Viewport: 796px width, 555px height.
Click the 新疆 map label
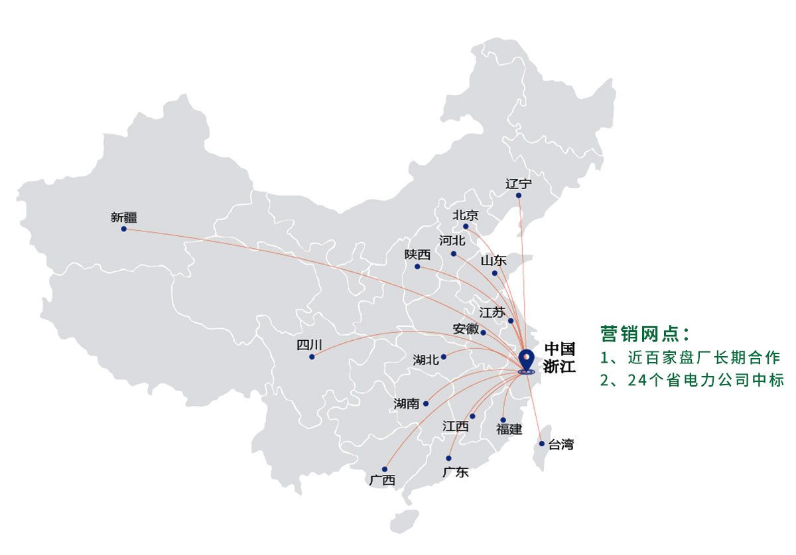click(x=124, y=217)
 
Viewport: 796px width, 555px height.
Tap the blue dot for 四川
click(x=312, y=357)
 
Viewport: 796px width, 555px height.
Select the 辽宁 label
click(x=518, y=184)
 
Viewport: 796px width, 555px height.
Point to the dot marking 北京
click(x=466, y=227)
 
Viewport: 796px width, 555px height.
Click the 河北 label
click(x=452, y=241)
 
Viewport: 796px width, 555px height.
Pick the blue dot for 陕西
click(x=417, y=267)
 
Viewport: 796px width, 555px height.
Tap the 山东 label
click(x=494, y=261)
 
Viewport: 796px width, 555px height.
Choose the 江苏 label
click(x=492, y=312)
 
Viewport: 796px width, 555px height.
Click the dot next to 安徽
click(x=483, y=333)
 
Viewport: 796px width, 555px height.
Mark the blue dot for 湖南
click(x=426, y=403)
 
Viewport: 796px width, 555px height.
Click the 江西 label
click(x=456, y=426)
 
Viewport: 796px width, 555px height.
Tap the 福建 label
click(x=509, y=430)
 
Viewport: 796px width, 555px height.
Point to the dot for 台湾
click(x=542, y=444)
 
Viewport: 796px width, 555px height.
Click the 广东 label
click(x=456, y=472)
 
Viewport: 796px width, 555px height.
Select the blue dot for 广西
click(x=384, y=469)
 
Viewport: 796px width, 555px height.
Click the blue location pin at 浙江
click(x=527, y=359)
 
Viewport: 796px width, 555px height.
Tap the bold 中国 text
click(x=559, y=349)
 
